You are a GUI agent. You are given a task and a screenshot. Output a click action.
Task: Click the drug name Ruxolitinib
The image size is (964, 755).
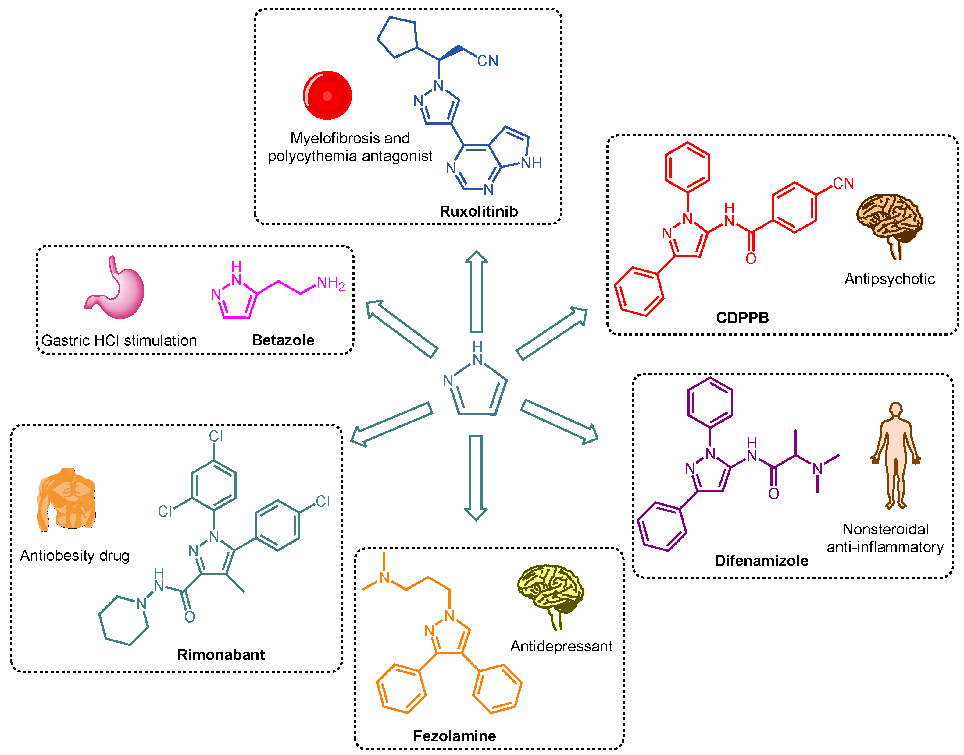click(x=478, y=211)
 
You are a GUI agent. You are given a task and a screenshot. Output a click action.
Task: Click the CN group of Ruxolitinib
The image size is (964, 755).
click(x=487, y=61)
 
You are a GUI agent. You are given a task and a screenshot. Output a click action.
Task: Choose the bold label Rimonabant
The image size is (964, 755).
click(x=221, y=655)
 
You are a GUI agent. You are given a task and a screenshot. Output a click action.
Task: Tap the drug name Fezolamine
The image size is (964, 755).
click(x=454, y=736)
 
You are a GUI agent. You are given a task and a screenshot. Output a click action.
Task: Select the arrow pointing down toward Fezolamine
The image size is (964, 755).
click(x=476, y=478)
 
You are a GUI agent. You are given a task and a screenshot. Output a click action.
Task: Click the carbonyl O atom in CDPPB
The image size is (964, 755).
click(x=751, y=259)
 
